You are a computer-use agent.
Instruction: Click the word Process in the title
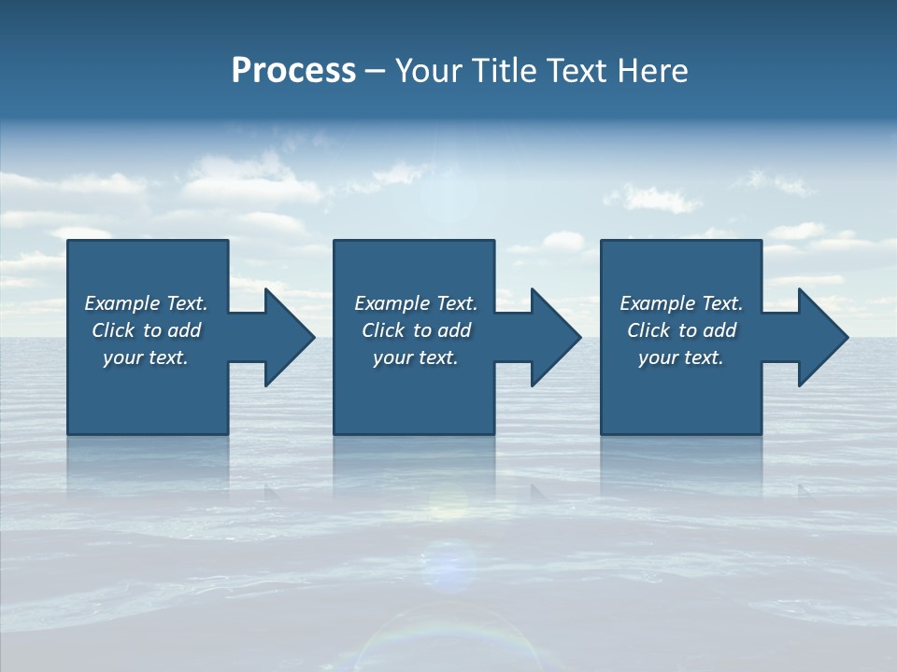[293, 71]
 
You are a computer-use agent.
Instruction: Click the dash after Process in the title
[376, 72]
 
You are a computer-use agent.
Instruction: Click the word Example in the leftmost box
[122, 303]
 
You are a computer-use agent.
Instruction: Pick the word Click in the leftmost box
[113, 330]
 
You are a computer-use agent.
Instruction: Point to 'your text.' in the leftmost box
[146, 357]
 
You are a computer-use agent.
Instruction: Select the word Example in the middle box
[392, 303]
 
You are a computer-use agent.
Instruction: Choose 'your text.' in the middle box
[415, 357]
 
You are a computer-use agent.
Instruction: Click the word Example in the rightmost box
[658, 303]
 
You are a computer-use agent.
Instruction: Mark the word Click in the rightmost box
[648, 330]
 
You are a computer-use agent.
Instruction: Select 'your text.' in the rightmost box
[681, 357]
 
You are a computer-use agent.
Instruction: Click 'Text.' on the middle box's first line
[456, 303]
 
